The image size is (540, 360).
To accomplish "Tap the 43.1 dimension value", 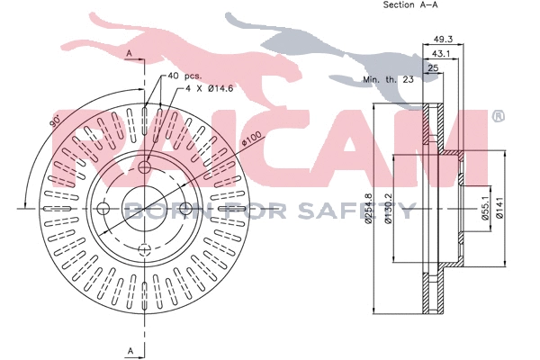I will (x=440, y=54).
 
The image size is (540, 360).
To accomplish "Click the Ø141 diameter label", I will (x=509, y=210).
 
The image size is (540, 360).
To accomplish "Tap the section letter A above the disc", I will (x=129, y=55).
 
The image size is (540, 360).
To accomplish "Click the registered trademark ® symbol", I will (x=497, y=116).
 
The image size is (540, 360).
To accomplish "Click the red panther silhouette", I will (x=153, y=45).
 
